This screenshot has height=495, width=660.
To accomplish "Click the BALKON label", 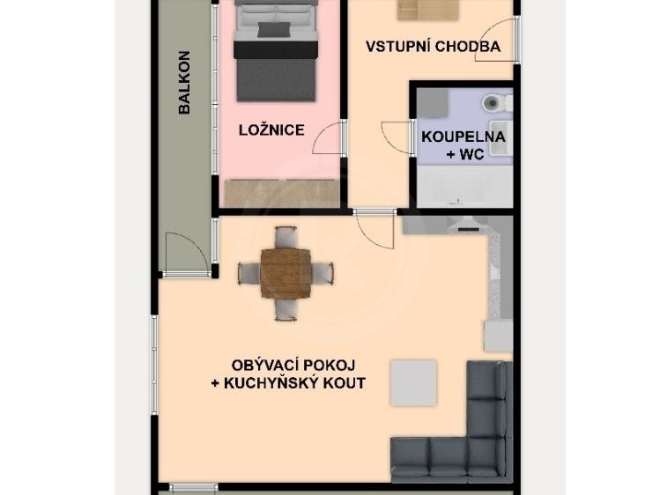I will tap(185, 83).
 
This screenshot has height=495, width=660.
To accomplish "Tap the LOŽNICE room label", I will tap(271, 130).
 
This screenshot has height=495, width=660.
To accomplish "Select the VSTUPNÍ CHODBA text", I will tap(433, 47).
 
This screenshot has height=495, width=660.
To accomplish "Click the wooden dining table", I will tap(286, 272).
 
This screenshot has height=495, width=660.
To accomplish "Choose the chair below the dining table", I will tap(286, 309).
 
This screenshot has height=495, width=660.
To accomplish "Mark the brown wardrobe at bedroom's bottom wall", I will tap(282, 192).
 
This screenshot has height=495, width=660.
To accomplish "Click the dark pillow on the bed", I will tap(273, 30).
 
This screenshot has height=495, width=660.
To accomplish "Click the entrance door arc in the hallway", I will tap(493, 44).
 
